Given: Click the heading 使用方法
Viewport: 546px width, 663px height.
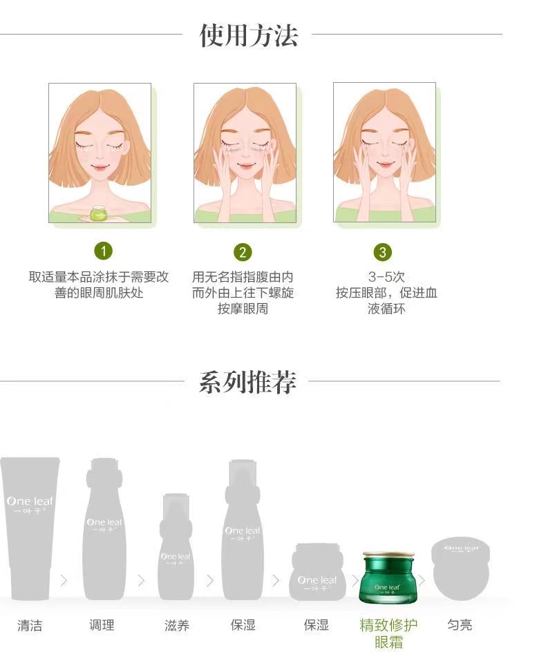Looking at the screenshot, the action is click(x=248, y=35).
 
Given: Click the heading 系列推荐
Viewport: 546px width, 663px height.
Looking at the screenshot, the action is click(x=247, y=382).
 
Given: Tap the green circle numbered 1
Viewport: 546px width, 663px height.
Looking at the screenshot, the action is click(x=103, y=251).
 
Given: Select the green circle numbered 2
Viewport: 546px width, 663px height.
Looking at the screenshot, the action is click(x=243, y=252).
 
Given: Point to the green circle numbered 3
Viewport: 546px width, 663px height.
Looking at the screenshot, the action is click(x=383, y=252).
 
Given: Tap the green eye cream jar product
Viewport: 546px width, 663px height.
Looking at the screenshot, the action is click(x=387, y=577).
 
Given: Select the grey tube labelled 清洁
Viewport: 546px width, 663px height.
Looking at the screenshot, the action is click(x=30, y=528).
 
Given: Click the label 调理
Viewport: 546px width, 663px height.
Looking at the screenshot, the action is click(x=102, y=625).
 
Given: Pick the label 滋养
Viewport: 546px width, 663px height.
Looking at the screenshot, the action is click(x=176, y=625).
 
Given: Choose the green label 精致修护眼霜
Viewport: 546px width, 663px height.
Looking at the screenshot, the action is click(x=388, y=633).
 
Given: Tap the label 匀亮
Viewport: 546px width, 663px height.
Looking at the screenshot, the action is click(x=460, y=624).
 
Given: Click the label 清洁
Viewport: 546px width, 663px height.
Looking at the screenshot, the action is click(x=30, y=625).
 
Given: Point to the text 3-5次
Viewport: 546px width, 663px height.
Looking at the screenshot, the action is click(x=386, y=277).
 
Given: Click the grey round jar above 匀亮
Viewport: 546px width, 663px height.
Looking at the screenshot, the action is click(x=460, y=568).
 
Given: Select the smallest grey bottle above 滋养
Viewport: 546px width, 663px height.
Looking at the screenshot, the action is click(x=176, y=546).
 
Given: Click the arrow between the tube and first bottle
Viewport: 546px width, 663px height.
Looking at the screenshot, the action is click(x=64, y=581).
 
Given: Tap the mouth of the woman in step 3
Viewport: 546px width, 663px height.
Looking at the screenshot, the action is click(x=385, y=164).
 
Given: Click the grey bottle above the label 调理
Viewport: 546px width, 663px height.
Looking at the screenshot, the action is click(x=104, y=529).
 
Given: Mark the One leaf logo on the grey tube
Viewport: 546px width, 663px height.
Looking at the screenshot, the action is click(x=30, y=504).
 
